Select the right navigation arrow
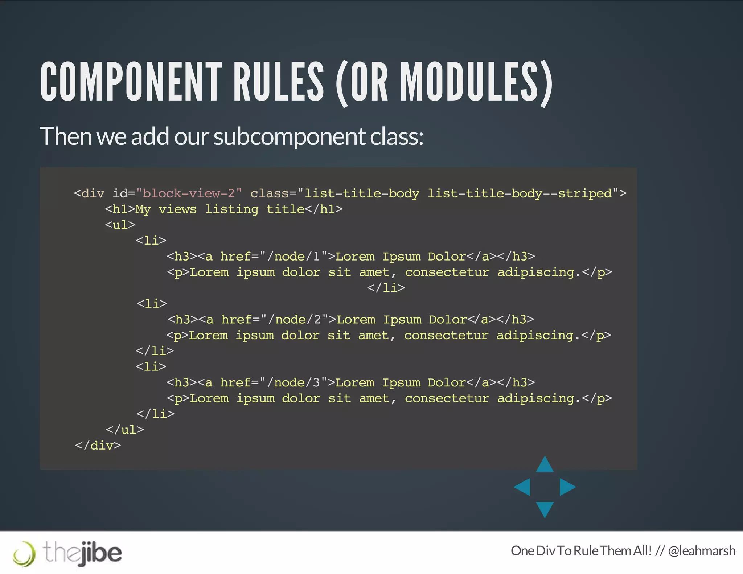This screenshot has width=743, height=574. click(x=567, y=487)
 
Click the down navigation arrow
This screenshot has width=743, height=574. click(x=545, y=509)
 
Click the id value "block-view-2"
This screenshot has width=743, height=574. click(x=189, y=193)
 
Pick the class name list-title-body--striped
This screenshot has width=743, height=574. click(x=520, y=193)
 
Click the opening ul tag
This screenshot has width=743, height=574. click(x=120, y=225)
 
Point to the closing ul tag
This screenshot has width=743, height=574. click(x=124, y=430)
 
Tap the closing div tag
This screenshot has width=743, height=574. click(x=98, y=445)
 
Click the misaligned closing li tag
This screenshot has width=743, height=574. click(x=386, y=288)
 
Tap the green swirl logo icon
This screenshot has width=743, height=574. click(x=24, y=554)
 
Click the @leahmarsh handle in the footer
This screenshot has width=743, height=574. click(x=702, y=551)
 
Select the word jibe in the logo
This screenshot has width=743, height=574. click(x=101, y=553)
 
